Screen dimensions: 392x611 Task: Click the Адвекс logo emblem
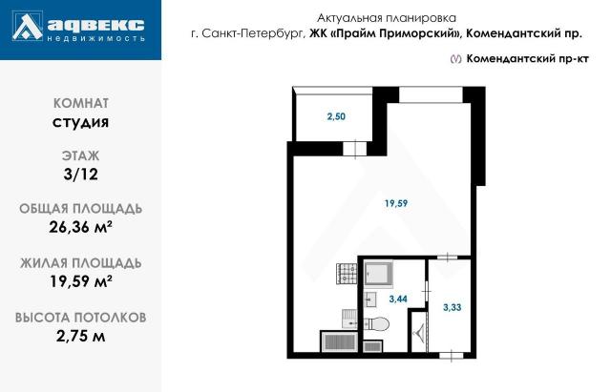point(28,30)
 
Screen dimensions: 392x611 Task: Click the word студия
point(80,121)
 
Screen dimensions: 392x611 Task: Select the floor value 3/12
point(80,174)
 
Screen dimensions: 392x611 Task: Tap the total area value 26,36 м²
point(80,227)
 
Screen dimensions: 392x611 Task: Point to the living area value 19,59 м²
point(80,280)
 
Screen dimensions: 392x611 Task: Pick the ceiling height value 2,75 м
point(80,334)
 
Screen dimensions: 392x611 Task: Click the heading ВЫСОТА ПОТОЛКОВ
point(80,316)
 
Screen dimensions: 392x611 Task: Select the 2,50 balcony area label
point(335,117)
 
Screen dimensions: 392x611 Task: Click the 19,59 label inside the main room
point(396,202)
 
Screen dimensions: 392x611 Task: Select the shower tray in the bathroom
point(379,273)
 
